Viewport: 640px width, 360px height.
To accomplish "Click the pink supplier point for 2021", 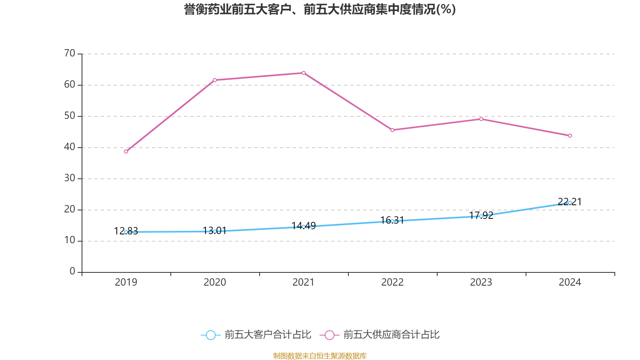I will (x=304, y=73).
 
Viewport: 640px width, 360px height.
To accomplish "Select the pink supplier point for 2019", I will (x=126, y=152).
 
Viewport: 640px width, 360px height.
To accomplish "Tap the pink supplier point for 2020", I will (x=215, y=80).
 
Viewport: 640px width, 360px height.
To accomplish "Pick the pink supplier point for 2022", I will (x=392, y=130).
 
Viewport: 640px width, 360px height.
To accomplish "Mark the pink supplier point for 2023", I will (x=481, y=119).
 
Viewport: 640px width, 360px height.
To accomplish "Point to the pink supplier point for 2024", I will (x=570, y=136).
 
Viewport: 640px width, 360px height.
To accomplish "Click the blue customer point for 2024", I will (x=570, y=203).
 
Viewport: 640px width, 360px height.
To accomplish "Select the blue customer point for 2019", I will (x=126, y=232).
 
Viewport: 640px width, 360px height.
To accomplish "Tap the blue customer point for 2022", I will (x=392, y=221).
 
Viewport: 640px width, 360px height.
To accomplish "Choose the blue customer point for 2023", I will (x=481, y=216).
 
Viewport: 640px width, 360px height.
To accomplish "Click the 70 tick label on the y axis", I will (x=70, y=53).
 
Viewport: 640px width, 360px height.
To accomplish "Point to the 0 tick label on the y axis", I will (x=72, y=272).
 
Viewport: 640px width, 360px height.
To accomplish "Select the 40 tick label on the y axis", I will (x=70, y=147).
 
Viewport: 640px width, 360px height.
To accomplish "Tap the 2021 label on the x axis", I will (x=304, y=282).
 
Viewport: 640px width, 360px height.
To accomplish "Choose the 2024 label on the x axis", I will (x=570, y=282).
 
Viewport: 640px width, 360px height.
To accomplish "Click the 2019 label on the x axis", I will (x=126, y=282).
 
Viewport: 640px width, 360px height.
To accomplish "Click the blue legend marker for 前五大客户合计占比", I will (x=210, y=335).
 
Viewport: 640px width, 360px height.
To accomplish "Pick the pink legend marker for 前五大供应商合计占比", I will (x=330, y=335).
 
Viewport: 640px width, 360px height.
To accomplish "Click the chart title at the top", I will (x=320, y=9).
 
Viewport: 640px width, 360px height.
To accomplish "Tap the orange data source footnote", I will (x=320, y=356).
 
